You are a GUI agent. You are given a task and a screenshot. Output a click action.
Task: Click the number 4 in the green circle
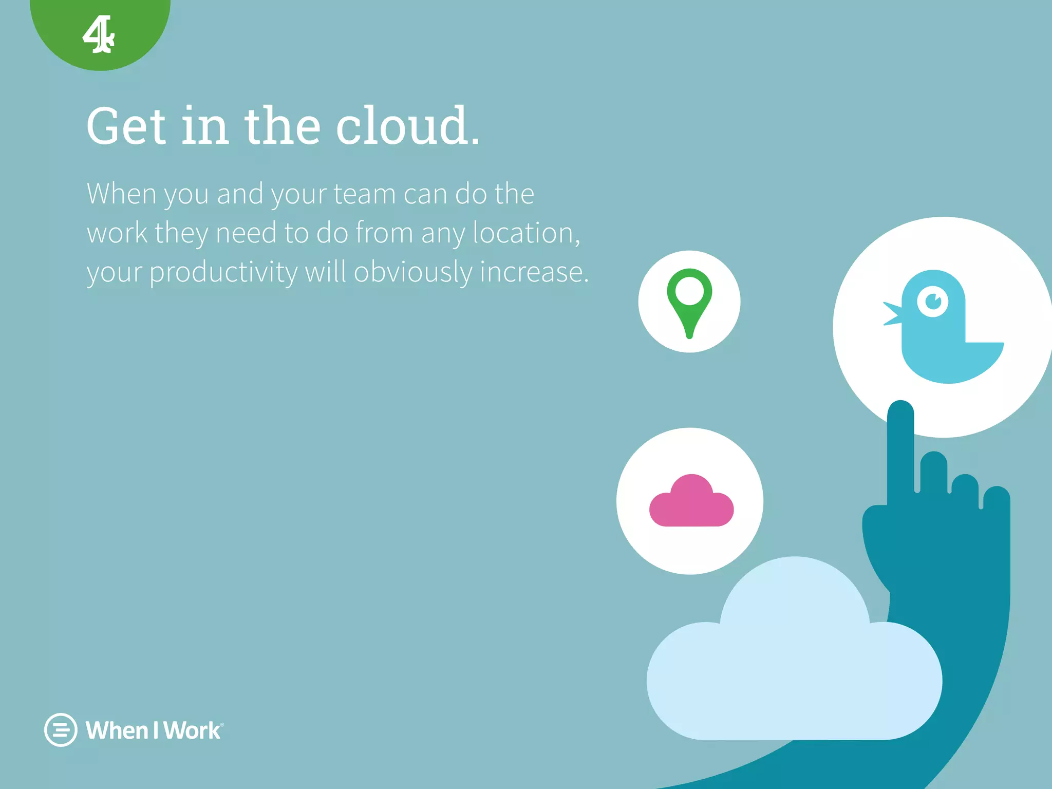pyautogui.click(x=98, y=34)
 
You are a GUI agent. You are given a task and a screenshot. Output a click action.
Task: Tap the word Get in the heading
pyautogui.click(x=126, y=126)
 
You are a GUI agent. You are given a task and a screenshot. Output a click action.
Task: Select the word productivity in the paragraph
pyautogui.click(x=223, y=272)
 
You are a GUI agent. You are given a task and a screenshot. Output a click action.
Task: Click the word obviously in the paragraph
pyautogui.click(x=412, y=272)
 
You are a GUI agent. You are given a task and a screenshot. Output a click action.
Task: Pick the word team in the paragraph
pyautogui.click(x=364, y=194)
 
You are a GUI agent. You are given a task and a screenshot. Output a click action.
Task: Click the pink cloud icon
pyautogui.click(x=691, y=502)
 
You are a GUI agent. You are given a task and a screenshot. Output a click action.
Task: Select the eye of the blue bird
pyautogui.click(x=933, y=301)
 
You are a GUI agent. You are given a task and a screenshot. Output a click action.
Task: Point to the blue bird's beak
pyautogui.click(x=893, y=313)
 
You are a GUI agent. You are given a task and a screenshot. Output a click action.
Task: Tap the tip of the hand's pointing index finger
pyautogui.click(x=900, y=411)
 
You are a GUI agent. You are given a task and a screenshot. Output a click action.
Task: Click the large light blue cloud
pyautogui.click(x=794, y=668)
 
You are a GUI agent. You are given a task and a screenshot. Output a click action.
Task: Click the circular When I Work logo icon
pyautogui.click(x=61, y=729)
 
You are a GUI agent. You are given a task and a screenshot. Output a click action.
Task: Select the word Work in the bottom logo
pyautogui.click(x=192, y=730)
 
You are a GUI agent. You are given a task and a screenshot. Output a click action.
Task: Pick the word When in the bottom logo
pyautogui.click(x=117, y=730)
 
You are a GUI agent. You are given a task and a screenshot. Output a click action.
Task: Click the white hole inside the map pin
pyautogui.click(x=689, y=291)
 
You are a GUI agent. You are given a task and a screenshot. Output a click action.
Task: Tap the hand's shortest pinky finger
pyautogui.click(x=997, y=501)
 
